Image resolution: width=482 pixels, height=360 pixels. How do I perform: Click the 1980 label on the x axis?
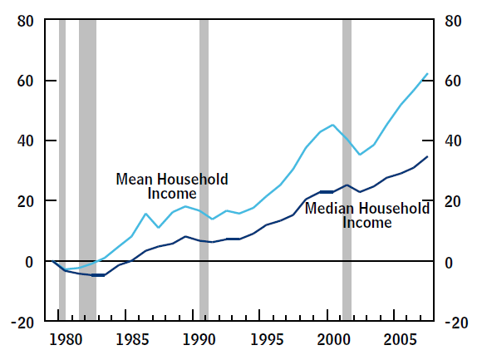(66, 340)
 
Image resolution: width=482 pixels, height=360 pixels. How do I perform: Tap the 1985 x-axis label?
(132, 340)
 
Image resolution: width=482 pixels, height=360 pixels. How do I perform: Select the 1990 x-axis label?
(199, 340)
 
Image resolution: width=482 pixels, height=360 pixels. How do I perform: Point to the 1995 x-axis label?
(267, 340)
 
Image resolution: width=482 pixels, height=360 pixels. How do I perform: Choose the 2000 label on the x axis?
(334, 340)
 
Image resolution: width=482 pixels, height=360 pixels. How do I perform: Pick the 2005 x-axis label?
(401, 340)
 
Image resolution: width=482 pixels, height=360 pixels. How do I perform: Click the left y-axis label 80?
(25, 22)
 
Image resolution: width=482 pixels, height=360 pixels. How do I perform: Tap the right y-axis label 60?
(453, 81)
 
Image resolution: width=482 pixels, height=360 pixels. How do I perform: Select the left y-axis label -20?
(22, 323)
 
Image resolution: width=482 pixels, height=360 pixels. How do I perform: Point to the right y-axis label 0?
(449, 263)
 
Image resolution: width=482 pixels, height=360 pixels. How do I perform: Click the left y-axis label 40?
(25, 141)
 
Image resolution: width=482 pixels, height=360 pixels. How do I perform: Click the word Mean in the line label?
(134, 180)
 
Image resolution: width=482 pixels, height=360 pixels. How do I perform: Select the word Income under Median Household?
(367, 223)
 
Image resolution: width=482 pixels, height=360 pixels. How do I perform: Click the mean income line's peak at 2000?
(332, 125)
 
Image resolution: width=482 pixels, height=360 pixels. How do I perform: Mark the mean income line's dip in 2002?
(360, 155)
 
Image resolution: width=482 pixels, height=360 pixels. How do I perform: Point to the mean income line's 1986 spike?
(145, 214)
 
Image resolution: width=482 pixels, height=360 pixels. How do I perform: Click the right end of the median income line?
(427, 157)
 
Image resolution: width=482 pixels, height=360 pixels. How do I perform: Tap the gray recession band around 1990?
(204, 170)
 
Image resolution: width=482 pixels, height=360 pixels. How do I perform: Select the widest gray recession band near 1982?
(87, 170)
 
